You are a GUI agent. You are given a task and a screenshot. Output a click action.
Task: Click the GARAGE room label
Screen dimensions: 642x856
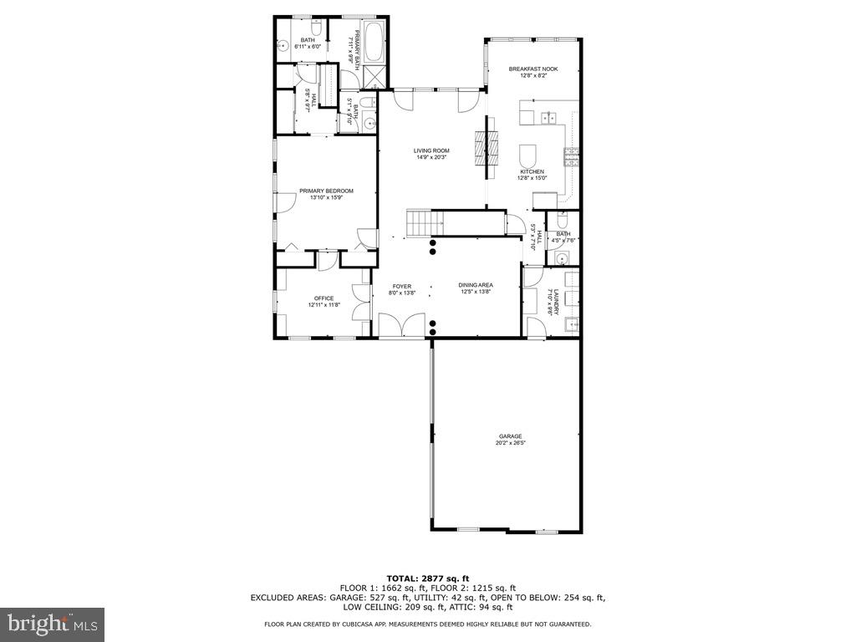point(510,436)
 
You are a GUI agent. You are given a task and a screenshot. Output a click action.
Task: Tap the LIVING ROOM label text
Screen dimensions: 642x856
point(431,150)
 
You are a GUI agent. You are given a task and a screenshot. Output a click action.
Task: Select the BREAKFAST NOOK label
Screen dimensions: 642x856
point(532,69)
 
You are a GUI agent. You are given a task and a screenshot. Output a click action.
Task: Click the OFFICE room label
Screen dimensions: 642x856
point(324,298)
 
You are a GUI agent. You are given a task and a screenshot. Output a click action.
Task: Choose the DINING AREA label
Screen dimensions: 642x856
point(476,285)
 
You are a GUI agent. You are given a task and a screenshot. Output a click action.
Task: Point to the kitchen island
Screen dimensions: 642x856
point(528,156)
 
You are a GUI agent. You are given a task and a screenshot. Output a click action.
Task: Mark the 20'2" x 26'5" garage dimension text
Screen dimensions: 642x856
point(510,443)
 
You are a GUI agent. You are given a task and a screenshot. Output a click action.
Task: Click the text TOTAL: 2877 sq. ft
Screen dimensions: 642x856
point(428,578)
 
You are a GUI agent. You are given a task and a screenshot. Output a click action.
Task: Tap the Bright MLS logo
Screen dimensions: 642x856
point(52,624)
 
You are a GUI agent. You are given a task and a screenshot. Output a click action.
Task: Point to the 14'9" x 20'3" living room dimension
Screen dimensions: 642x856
point(431,157)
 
